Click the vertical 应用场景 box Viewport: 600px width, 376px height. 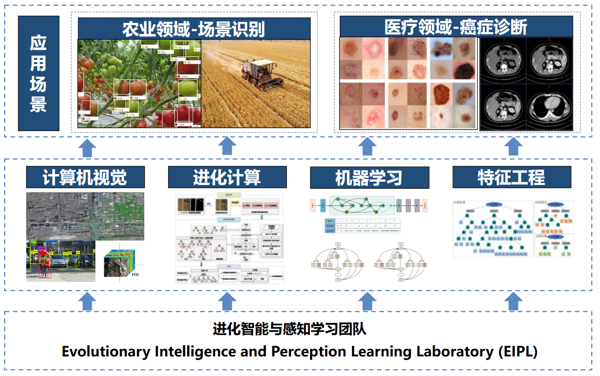coord(39,74)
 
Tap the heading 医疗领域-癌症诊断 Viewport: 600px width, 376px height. coord(456,27)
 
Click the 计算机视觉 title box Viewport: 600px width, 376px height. coord(85,178)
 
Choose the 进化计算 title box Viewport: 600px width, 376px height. coord(227,178)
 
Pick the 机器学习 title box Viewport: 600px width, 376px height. coord(369,178)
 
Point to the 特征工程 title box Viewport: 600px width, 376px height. coord(512,178)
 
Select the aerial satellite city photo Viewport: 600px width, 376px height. coord(85,216)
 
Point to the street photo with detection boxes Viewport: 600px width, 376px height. coord(61,261)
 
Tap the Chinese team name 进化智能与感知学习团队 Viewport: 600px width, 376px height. coord(290,329)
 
